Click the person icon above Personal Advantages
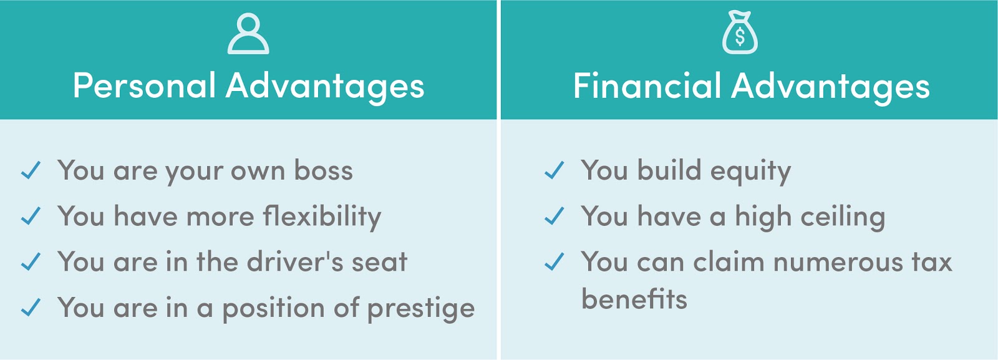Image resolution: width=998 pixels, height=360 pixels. click(248, 34)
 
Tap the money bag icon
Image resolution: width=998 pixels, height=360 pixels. click(740, 33)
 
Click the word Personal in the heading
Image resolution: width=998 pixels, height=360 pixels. click(144, 85)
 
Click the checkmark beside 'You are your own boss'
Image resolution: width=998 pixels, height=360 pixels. click(31, 170)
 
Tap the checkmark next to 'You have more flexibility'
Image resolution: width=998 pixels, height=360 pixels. click(31, 216)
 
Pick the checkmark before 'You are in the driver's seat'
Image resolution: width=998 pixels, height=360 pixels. click(31, 262)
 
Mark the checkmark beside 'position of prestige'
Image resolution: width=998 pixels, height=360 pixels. click(31, 308)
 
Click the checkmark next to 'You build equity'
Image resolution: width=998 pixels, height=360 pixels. click(554, 170)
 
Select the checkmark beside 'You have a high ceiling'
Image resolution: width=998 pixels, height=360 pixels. click(554, 216)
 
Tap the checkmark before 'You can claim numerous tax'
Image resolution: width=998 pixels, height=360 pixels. click(554, 262)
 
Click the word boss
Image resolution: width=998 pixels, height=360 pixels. click(323, 171)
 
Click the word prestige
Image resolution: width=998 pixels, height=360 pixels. click(421, 309)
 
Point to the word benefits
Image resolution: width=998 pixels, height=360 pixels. click(634, 299)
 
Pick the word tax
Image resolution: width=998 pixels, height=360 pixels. click(932, 262)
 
